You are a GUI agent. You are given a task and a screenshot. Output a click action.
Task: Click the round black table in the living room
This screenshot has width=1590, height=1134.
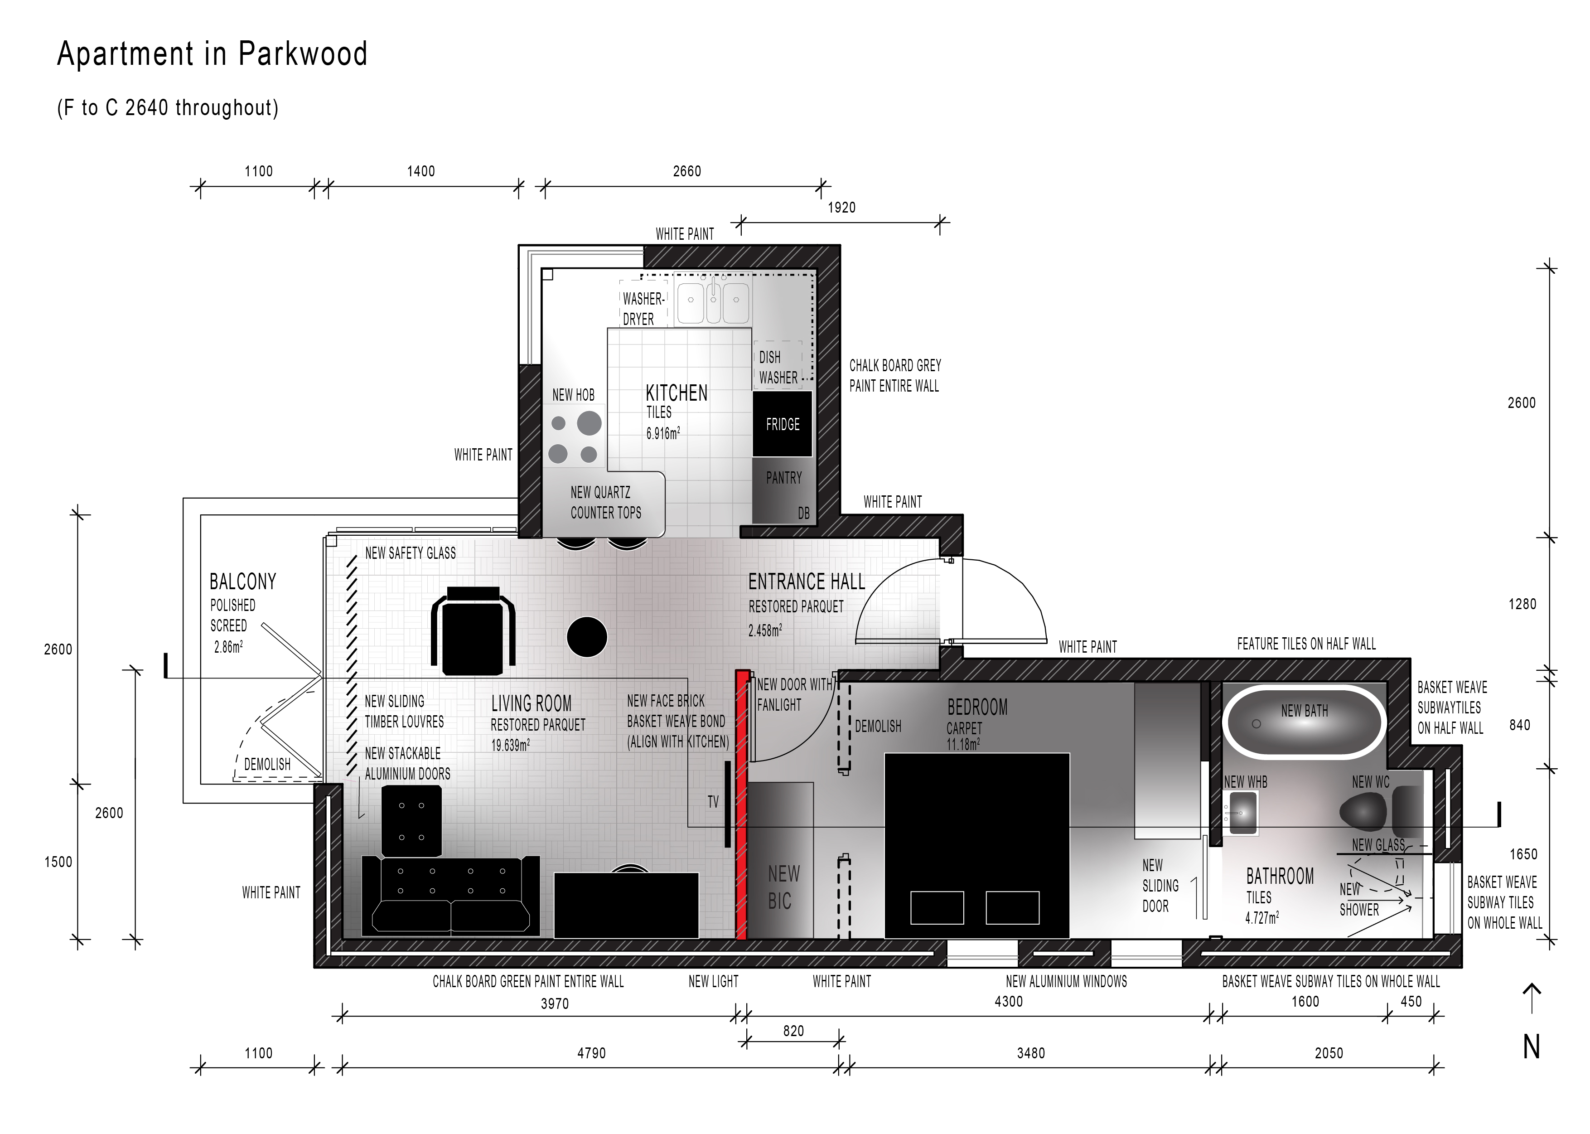tap(587, 637)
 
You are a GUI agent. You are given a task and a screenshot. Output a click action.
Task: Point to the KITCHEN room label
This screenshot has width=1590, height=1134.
tap(677, 393)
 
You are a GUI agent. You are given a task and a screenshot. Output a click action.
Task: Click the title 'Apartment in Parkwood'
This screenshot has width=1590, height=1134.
tap(212, 54)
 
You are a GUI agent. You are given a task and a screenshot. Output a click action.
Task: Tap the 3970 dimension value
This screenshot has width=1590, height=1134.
tap(555, 1004)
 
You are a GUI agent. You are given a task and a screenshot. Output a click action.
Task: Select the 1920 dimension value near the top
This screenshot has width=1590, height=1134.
tap(841, 208)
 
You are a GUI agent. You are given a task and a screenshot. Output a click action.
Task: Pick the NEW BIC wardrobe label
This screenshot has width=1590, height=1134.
tap(783, 887)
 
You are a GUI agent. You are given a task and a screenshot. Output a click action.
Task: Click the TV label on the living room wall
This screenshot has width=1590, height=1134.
tap(713, 802)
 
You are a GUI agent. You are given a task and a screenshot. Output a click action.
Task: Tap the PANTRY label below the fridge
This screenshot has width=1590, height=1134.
tap(784, 478)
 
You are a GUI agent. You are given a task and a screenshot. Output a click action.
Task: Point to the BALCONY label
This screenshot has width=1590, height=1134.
tap(243, 582)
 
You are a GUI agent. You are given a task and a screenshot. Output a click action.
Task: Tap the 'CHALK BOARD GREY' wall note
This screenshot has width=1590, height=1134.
tap(895, 365)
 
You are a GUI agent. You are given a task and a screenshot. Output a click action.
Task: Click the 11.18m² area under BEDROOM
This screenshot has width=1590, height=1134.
tap(963, 744)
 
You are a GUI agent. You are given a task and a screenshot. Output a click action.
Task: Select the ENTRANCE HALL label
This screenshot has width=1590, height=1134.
tap(806, 582)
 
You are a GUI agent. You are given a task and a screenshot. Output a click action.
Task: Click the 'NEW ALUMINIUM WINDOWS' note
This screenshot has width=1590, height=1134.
tap(1066, 981)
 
